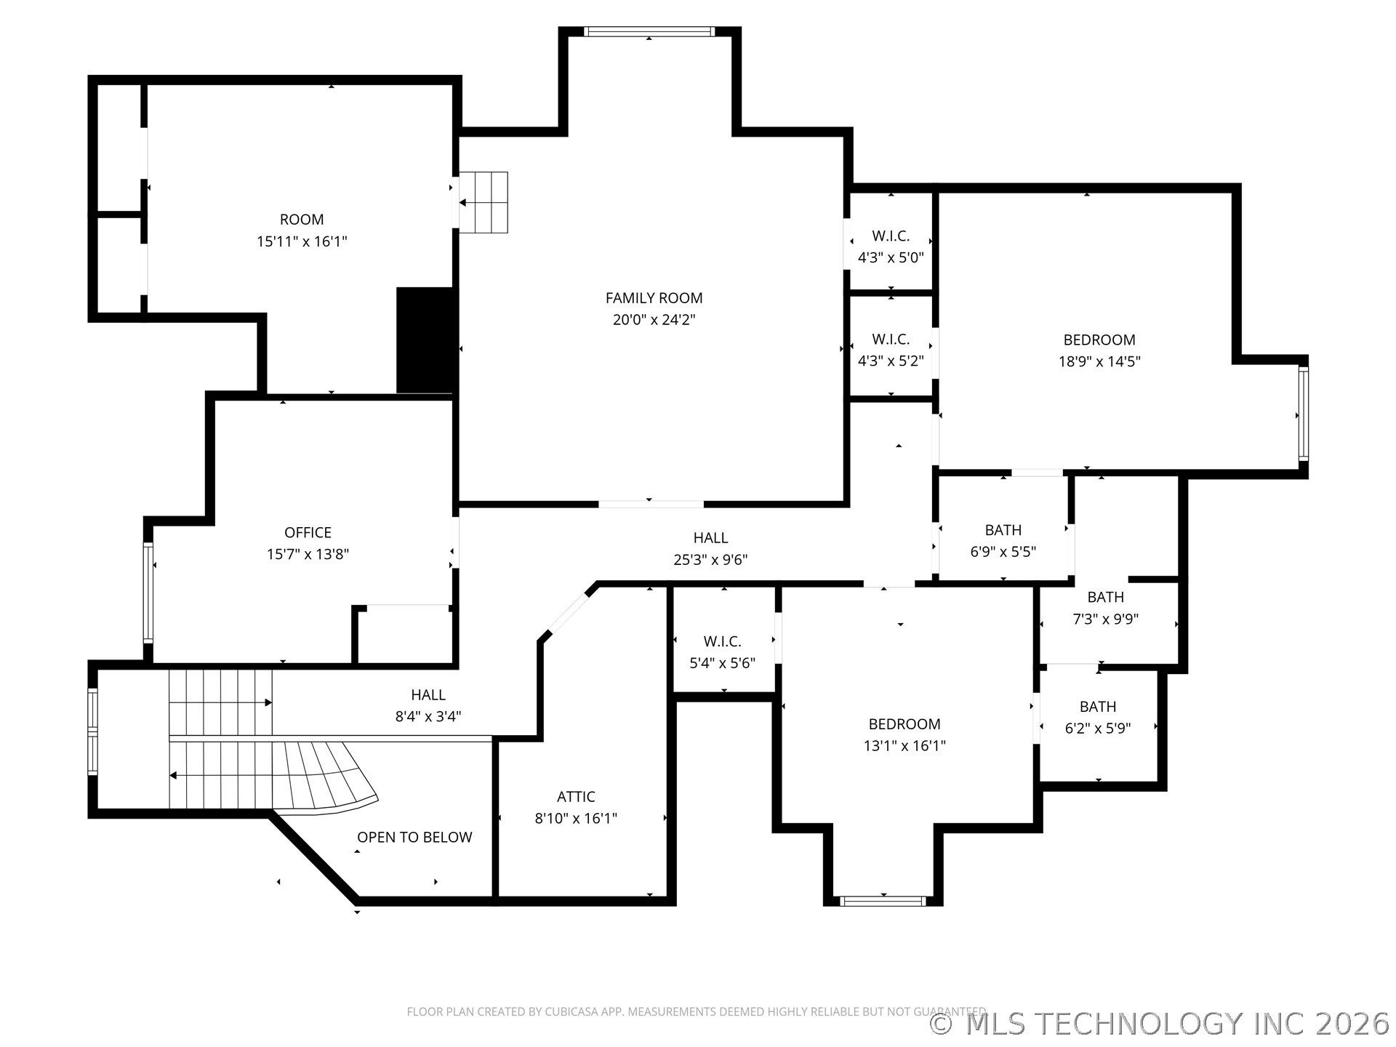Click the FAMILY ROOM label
pyautogui.click(x=654, y=298)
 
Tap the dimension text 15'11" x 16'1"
pyautogui.click(x=302, y=241)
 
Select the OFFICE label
pyautogui.click(x=308, y=533)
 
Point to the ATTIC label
pyautogui.click(x=576, y=797)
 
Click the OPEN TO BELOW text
pyautogui.click(x=414, y=838)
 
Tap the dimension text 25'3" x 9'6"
pyautogui.click(x=710, y=560)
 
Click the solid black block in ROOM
pyautogui.click(x=427, y=340)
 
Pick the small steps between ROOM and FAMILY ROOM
pyautogui.click(x=483, y=202)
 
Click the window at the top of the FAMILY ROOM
pyautogui.click(x=649, y=31)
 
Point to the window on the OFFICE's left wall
pyautogui.click(x=148, y=593)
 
